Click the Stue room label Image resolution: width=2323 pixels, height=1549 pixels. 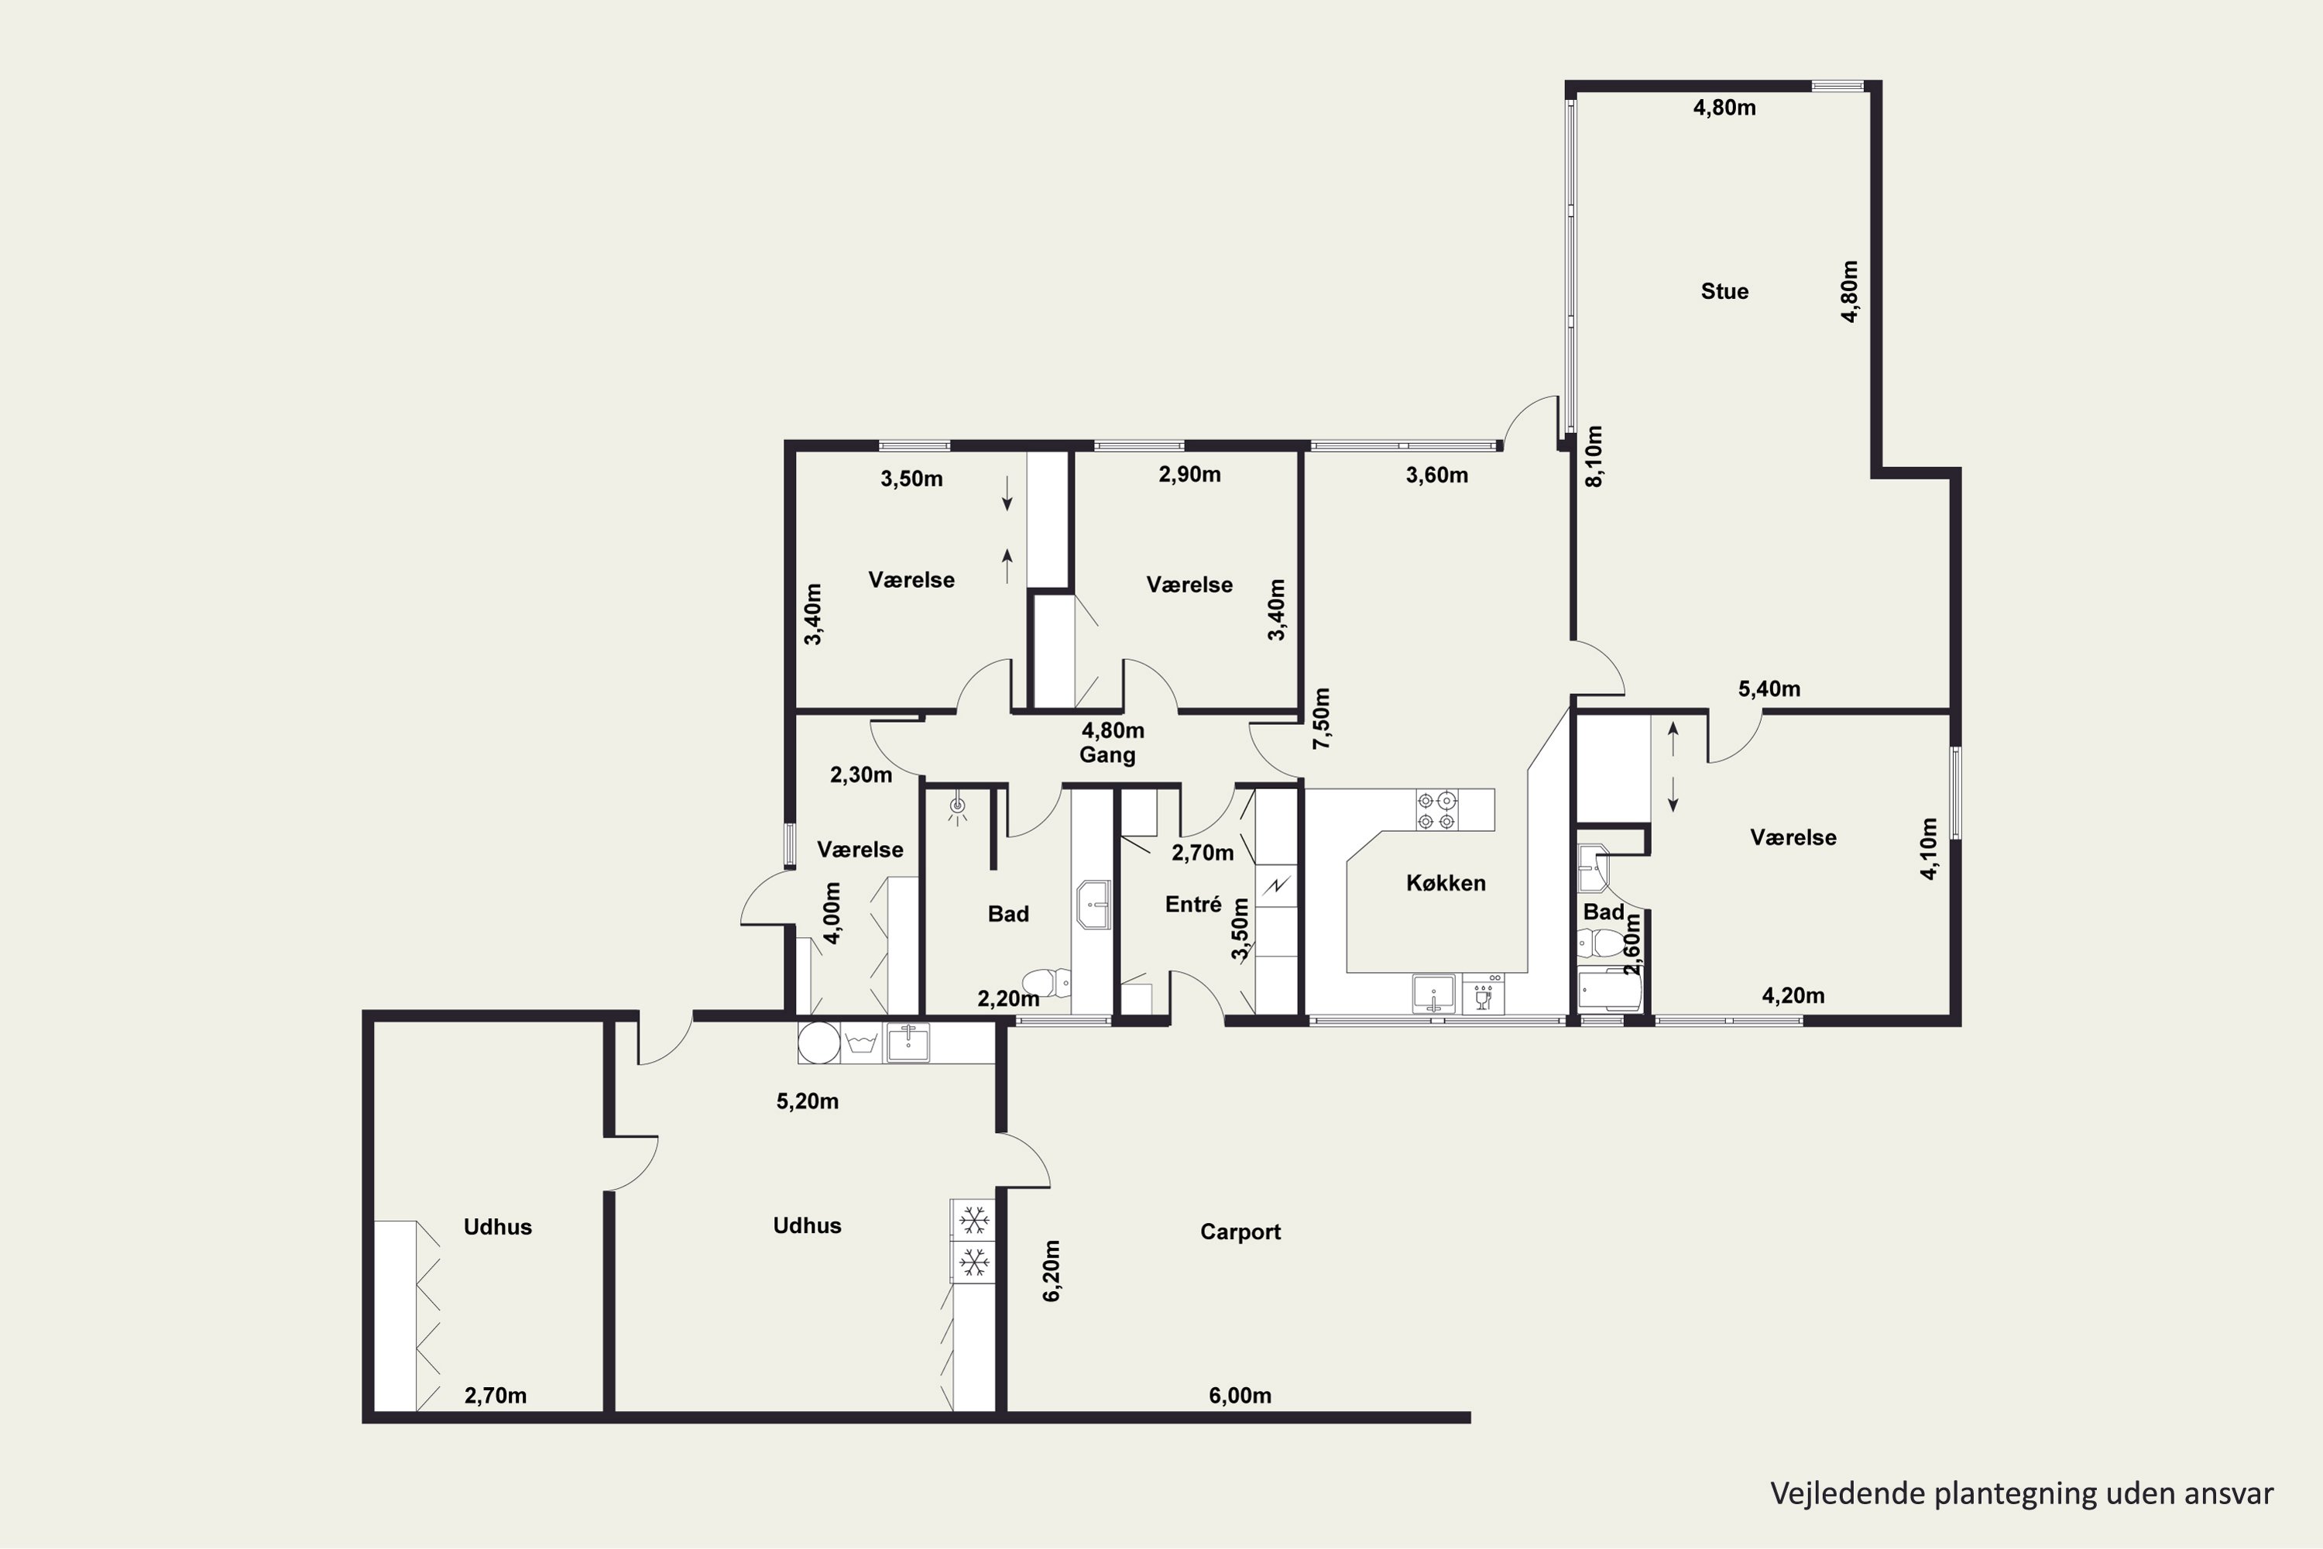tap(1724, 291)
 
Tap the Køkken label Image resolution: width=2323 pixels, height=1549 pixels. tap(1446, 883)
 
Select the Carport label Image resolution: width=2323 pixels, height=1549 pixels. tap(1240, 1232)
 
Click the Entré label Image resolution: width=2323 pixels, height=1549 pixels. tap(1193, 904)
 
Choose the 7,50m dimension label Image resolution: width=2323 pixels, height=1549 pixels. tap(1322, 718)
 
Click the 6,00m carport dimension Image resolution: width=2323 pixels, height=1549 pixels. tap(1240, 1396)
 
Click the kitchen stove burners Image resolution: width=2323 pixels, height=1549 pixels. tap(1437, 810)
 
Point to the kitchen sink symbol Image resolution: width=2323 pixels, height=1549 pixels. tap(1433, 994)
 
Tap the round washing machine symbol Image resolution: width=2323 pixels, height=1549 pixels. tap(818, 1042)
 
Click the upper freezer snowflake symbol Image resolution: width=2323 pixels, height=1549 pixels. tap(974, 1220)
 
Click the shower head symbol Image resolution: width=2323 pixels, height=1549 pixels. tap(956, 808)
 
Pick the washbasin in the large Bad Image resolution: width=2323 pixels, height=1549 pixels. tap(1093, 905)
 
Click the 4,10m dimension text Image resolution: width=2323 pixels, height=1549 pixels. tap(1929, 847)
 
